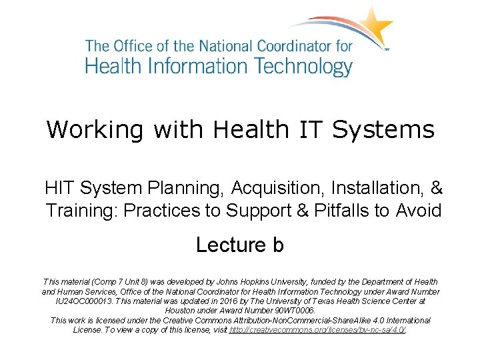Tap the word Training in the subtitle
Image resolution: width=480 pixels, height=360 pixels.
81,211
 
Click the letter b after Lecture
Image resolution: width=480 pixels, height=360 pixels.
278,245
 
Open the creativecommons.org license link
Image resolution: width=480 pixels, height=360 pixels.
317,330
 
